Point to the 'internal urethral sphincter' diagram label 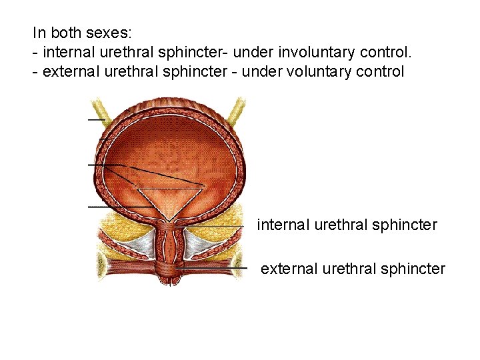tap(347, 225)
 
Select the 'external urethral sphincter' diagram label tap(353, 269)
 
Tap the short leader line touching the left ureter tap(97, 120)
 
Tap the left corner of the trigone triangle tap(136, 187)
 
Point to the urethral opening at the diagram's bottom tap(171, 281)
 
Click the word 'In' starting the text tap(39, 32)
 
